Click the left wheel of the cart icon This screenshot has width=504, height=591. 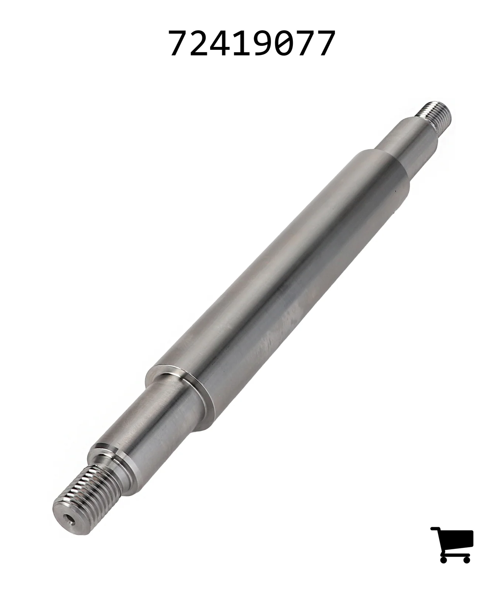(x=444, y=558)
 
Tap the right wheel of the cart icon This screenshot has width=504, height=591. (x=466, y=558)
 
